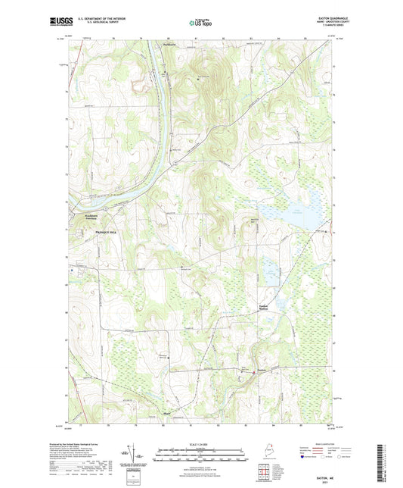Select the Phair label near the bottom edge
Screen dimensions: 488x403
[x=167, y=413]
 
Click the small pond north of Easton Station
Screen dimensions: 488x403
[x=268, y=267]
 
